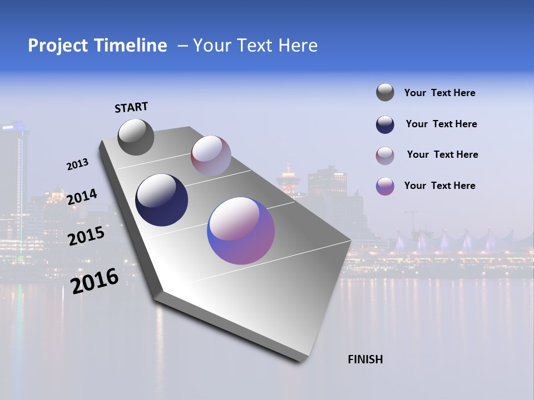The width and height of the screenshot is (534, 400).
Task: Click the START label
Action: pyautogui.click(x=131, y=107)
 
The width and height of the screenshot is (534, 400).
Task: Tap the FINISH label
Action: pyautogui.click(x=365, y=359)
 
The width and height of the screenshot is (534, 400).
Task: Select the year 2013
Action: pyautogui.click(x=77, y=164)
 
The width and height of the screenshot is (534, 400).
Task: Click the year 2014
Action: pyautogui.click(x=82, y=197)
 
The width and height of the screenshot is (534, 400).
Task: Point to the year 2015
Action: pyautogui.click(x=86, y=236)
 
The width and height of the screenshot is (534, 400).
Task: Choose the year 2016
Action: pyautogui.click(x=95, y=281)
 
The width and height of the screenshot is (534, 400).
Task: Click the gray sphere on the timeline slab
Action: pyautogui.click(x=136, y=137)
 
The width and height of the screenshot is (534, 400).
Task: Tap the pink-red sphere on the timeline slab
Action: pyautogui.click(x=211, y=156)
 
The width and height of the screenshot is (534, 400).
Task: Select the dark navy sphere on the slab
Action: pyautogui.click(x=161, y=200)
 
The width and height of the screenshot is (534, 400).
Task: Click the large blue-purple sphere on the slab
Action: pyautogui.click(x=241, y=231)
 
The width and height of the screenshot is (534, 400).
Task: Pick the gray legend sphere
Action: pyautogui.click(x=385, y=92)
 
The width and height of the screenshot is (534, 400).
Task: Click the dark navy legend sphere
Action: pyautogui.click(x=385, y=124)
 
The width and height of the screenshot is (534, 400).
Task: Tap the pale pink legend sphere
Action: pyautogui.click(x=385, y=156)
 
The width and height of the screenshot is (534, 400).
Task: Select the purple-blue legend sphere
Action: pyautogui.click(x=385, y=186)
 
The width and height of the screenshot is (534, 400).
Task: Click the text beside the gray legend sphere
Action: pyautogui.click(x=439, y=93)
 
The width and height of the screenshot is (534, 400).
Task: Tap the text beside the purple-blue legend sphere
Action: pyautogui.click(x=439, y=186)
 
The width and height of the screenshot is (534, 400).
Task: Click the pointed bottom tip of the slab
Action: pyautogui.click(x=300, y=360)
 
